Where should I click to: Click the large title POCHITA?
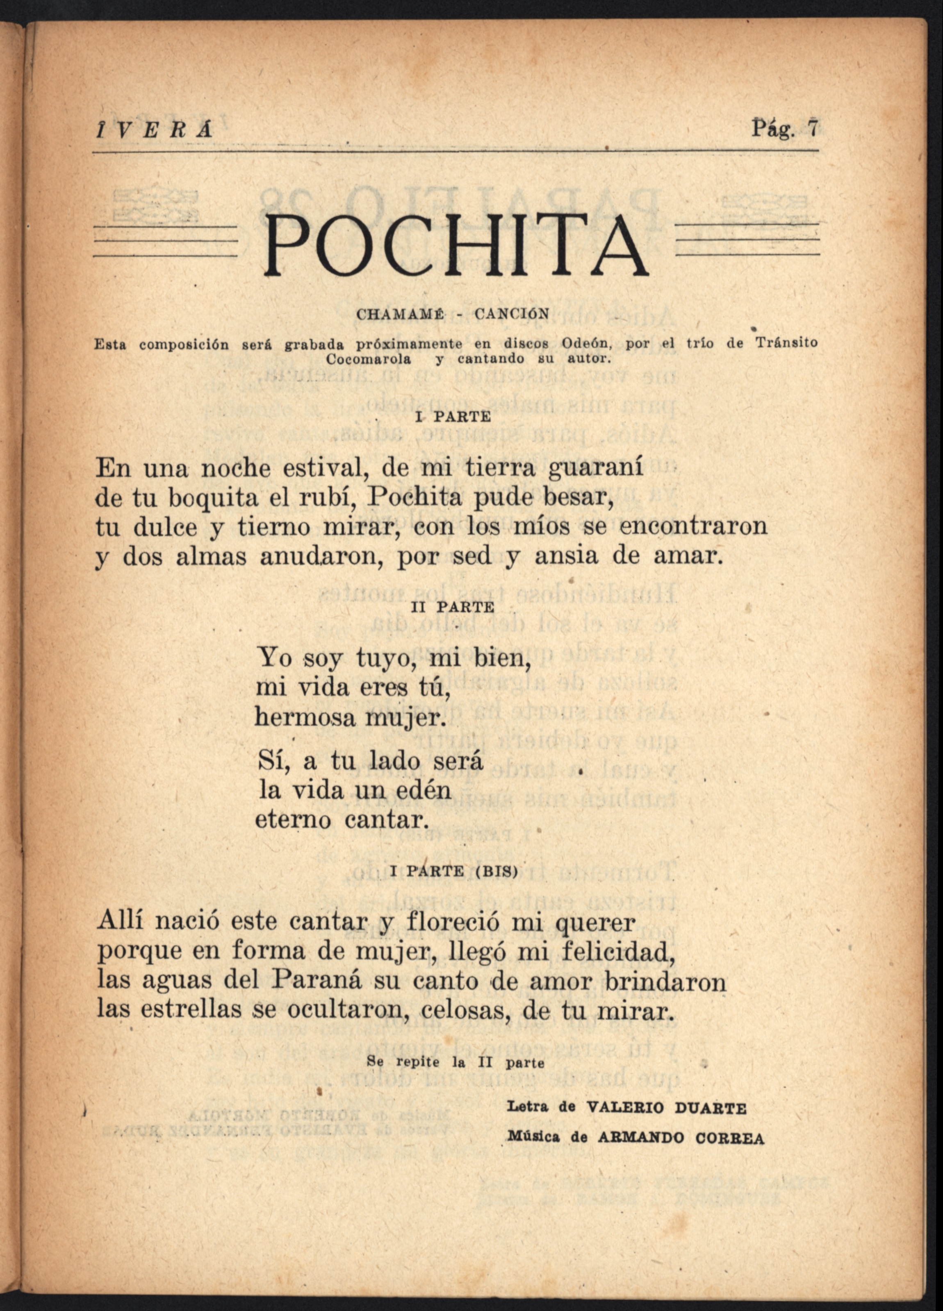tap(456, 246)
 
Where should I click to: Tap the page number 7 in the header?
tap(813, 128)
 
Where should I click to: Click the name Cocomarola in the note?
tap(369, 358)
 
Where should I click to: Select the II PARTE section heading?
tap(453, 608)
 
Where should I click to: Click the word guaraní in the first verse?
tap(596, 467)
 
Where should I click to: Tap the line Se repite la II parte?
tap(455, 1062)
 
